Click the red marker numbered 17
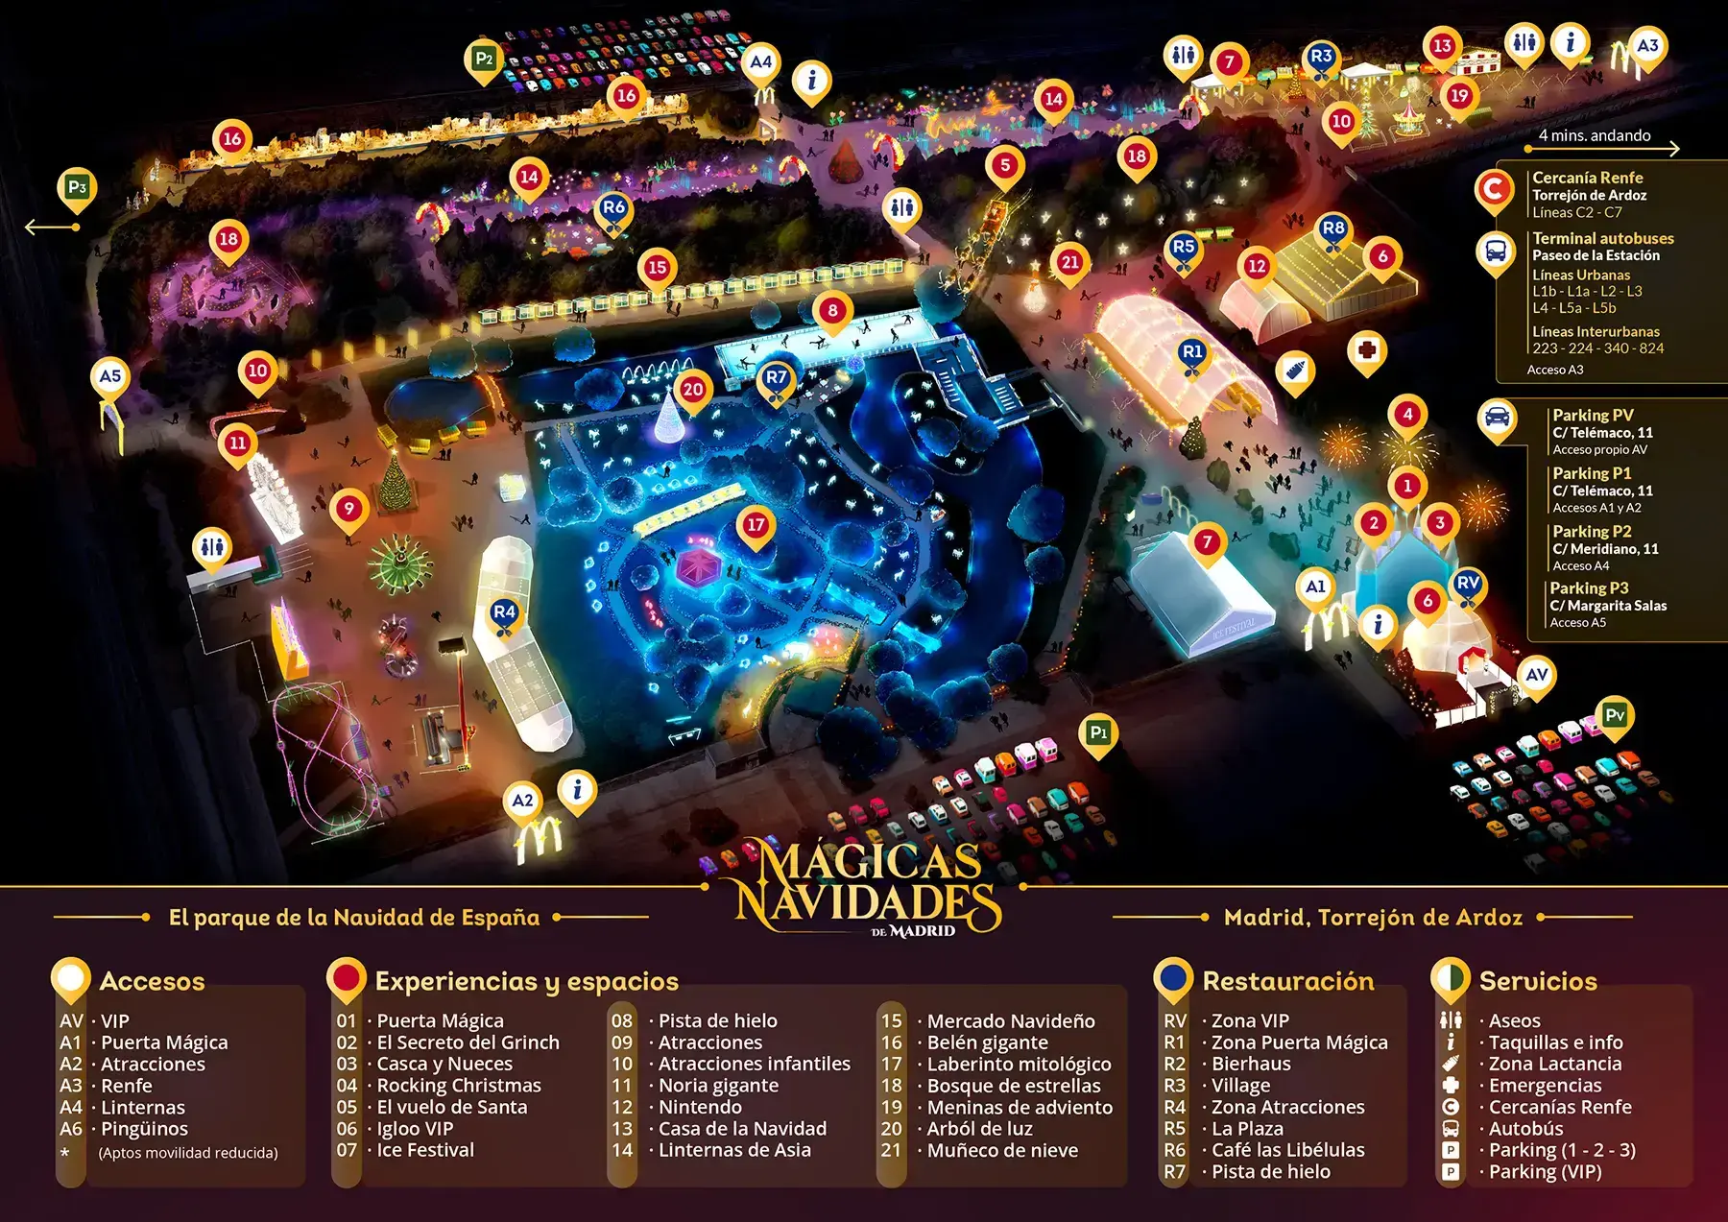tap(756, 525)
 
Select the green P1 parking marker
tap(1098, 733)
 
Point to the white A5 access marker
tap(110, 376)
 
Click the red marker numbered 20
tap(692, 390)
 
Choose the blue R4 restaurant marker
tap(504, 612)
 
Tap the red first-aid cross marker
tap(1367, 349)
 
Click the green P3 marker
tap(77, 187)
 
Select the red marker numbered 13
tap(1441, 46)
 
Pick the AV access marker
tap(1536, 675)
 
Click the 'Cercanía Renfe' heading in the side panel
tap(1587, 178)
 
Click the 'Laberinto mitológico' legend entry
tap(1019, 1064)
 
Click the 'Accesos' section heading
tap(152, 981)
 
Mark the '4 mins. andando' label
tap(1594, 135)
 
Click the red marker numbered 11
tap(237, 443)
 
